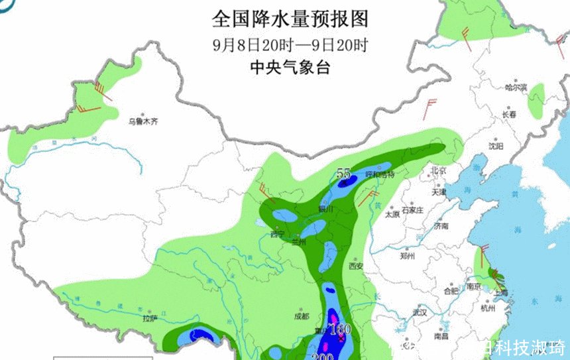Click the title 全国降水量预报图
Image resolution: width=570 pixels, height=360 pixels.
[x=290, y=19]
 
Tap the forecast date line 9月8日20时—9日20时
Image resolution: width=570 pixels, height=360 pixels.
[x=290, y=46]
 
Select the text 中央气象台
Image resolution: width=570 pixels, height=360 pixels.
[x=290, y=67]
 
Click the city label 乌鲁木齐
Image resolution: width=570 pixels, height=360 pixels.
[x=144, y=121]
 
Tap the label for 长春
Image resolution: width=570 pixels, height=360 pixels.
[x=509, y=114]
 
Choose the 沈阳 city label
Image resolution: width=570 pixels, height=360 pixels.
[x=496, y=145]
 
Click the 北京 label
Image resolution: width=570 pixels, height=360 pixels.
[x=439, y=170]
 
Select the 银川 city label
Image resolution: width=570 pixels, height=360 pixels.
[x=325, y=208]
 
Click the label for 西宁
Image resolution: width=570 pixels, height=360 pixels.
[x=277, y=234]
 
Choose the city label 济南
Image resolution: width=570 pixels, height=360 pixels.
[x=441, y=226]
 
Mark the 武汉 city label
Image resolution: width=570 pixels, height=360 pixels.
[x=419, y=312]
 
